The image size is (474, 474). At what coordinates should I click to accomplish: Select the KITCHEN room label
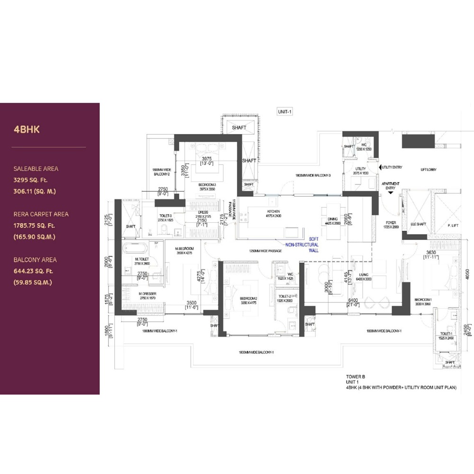[273, 212]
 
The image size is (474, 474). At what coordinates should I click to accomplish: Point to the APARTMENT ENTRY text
[391, 186]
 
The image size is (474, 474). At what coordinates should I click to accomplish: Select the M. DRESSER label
[147, 294]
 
